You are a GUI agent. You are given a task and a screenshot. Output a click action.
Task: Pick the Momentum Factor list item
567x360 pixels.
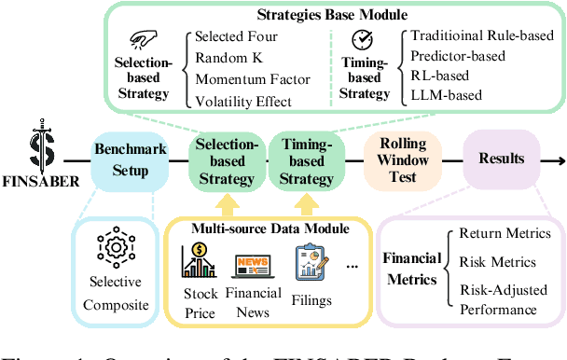[x=244, y=80]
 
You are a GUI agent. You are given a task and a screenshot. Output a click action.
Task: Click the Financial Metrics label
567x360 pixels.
[x=411, y=270]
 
